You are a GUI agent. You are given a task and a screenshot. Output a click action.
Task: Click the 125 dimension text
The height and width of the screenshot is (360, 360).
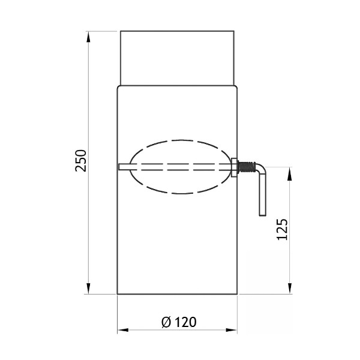283,230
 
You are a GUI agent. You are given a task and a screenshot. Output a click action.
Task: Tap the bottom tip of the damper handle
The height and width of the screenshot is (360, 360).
262,214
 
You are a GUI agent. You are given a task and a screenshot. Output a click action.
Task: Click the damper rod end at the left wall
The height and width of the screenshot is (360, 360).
121,167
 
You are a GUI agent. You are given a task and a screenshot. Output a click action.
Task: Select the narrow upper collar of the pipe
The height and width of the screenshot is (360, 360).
177,58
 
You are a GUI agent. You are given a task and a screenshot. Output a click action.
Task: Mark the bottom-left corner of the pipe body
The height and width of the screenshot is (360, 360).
118,294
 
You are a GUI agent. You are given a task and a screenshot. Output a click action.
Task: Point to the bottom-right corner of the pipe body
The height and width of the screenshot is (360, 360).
238,294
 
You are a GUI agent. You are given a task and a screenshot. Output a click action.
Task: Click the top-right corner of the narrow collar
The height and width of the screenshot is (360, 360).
234,31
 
